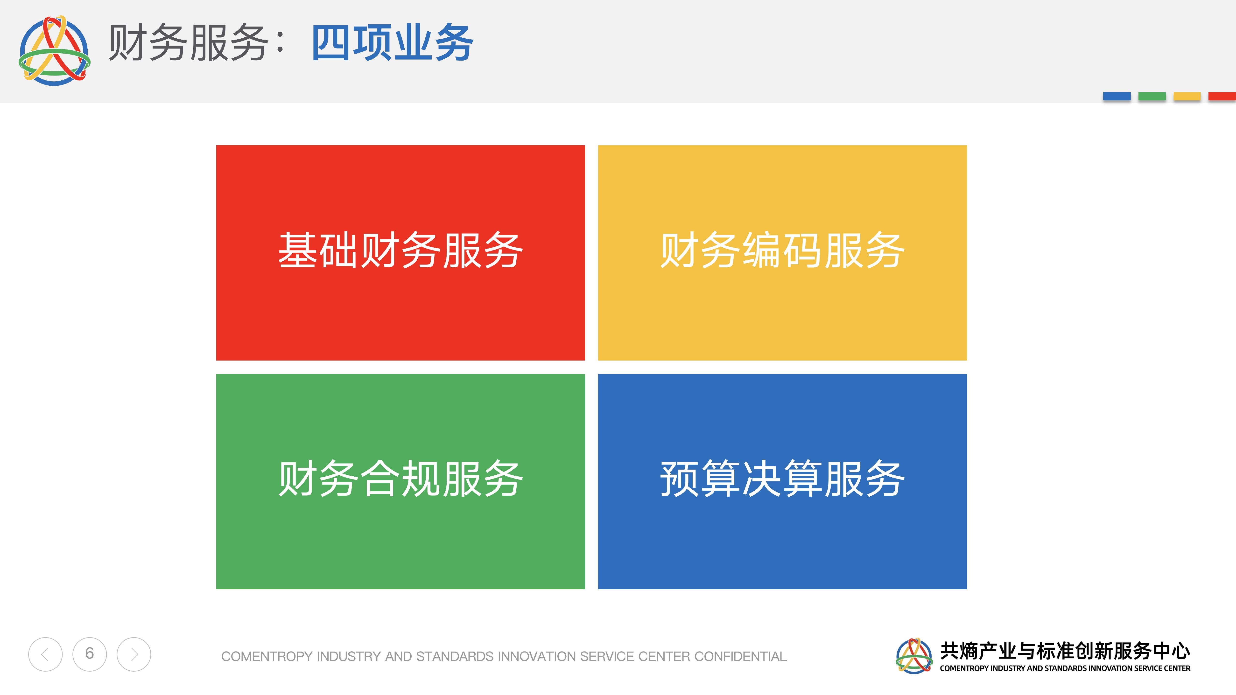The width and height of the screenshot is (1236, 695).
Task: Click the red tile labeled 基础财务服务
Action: tap(401, 253)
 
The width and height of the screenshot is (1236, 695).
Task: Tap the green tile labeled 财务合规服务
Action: tap(401, 482)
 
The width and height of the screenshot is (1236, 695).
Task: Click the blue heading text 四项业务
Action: tap(393, 43)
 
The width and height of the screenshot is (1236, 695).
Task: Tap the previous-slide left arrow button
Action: tap(45, 654)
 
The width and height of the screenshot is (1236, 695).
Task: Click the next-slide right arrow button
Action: tap(134, 654)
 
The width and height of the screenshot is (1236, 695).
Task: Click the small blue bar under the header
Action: tap(1117, 97)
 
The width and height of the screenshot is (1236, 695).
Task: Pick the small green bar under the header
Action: tap(1152, 97)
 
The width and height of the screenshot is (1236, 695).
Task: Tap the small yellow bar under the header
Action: tap(1187, 97)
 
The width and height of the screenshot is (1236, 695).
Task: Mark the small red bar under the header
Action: tap(1222, 97)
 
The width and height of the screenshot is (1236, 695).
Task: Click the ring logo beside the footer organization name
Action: tap(914, 656)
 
